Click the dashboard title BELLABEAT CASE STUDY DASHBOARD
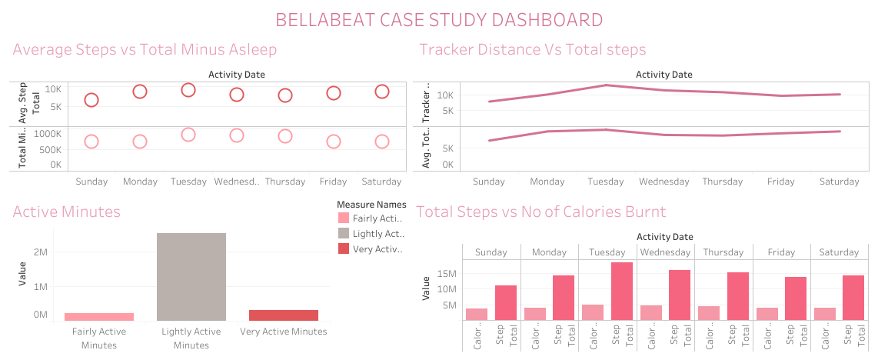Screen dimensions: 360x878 tap(439, 19)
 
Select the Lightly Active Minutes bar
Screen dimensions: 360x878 tap(191, 276)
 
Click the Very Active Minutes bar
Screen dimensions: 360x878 tap(283, 315)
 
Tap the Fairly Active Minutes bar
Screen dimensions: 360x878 tap(99, 316)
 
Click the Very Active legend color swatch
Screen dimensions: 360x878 tap(343, 248)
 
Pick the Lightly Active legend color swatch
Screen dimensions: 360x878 tap(343, 233)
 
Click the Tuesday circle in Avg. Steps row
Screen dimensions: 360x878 tap(188, 90)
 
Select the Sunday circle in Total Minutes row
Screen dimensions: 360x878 tap(91, 142)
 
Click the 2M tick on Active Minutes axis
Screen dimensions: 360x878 tap(40, 252)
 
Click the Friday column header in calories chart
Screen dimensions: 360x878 tap(780, 252)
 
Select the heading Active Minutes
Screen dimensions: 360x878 tap(67, 212)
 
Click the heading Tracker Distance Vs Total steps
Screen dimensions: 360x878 tap(532, 50)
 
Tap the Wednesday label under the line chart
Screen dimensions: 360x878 tap(664, 182)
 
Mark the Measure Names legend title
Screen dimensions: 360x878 tap(371, 204)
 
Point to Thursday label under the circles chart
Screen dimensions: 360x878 tap(285, 182)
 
